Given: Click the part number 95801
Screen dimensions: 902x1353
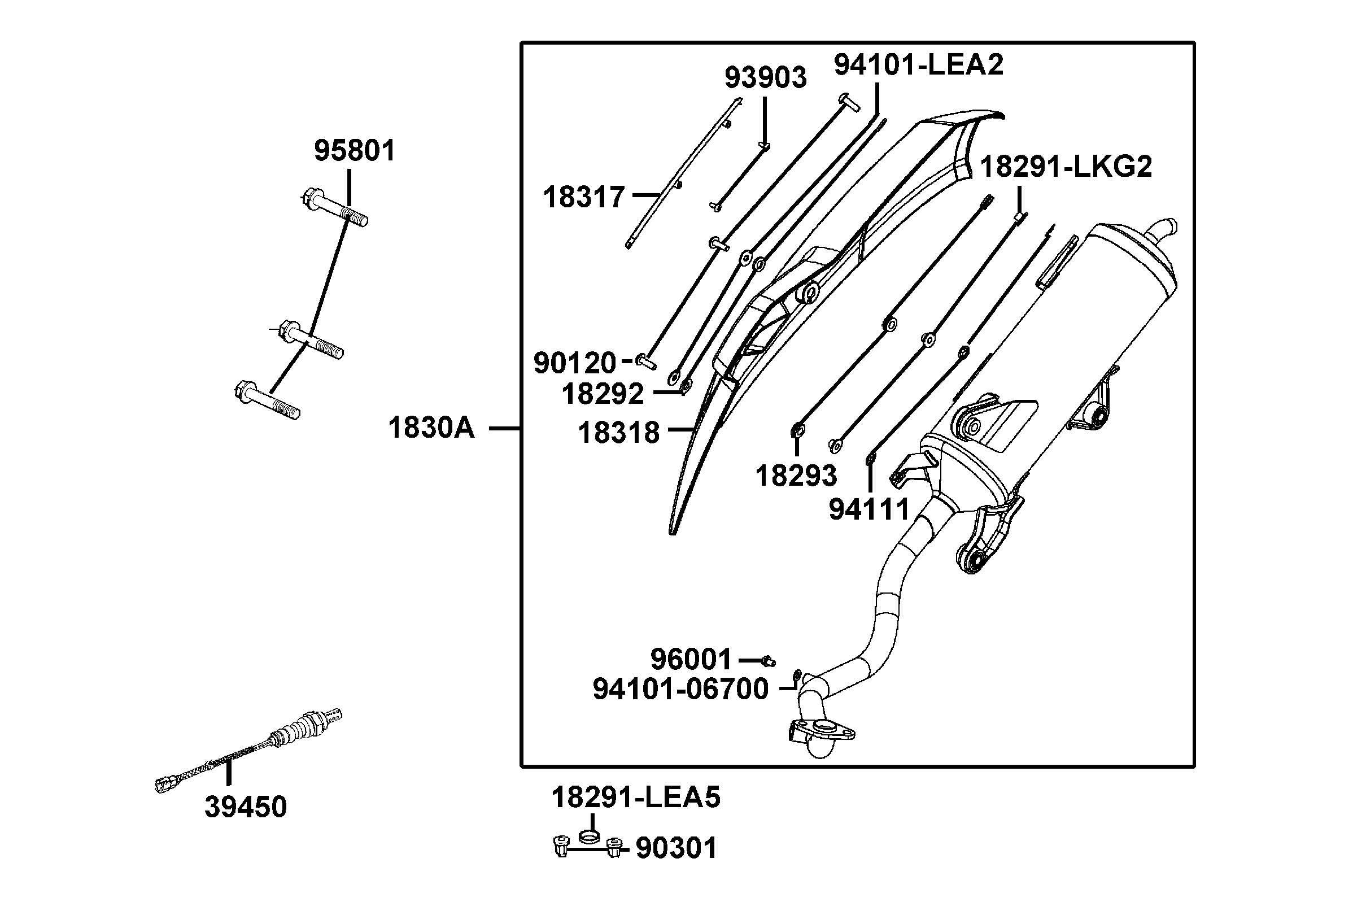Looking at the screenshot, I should (354, 151).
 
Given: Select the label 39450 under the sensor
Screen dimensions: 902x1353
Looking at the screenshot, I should (246, 807).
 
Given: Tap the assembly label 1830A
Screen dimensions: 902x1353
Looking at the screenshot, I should (431, 428).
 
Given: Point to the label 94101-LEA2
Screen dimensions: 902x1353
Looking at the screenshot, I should (918, 64).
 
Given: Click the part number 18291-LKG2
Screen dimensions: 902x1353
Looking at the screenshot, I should (1066, 167).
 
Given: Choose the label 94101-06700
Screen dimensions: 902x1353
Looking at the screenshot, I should (680, 689).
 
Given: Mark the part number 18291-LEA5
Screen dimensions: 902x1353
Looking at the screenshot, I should (635, 798).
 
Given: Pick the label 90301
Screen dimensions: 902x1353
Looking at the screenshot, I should (676, 848).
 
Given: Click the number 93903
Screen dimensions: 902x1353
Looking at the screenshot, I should (765, 77).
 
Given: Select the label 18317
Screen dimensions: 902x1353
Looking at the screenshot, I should (584, 197).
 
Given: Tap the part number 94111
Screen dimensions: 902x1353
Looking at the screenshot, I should (869, 509).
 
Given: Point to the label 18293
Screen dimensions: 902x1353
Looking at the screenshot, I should (796, 476).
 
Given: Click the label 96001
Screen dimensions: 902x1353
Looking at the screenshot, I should (691, 659).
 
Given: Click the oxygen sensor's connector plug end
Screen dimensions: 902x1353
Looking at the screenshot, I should (167, 782).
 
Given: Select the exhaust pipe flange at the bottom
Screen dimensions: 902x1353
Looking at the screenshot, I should (822, 730).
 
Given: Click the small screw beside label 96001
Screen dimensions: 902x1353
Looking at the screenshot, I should (769, 661).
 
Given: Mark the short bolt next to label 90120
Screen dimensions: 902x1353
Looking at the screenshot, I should (647, 362).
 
